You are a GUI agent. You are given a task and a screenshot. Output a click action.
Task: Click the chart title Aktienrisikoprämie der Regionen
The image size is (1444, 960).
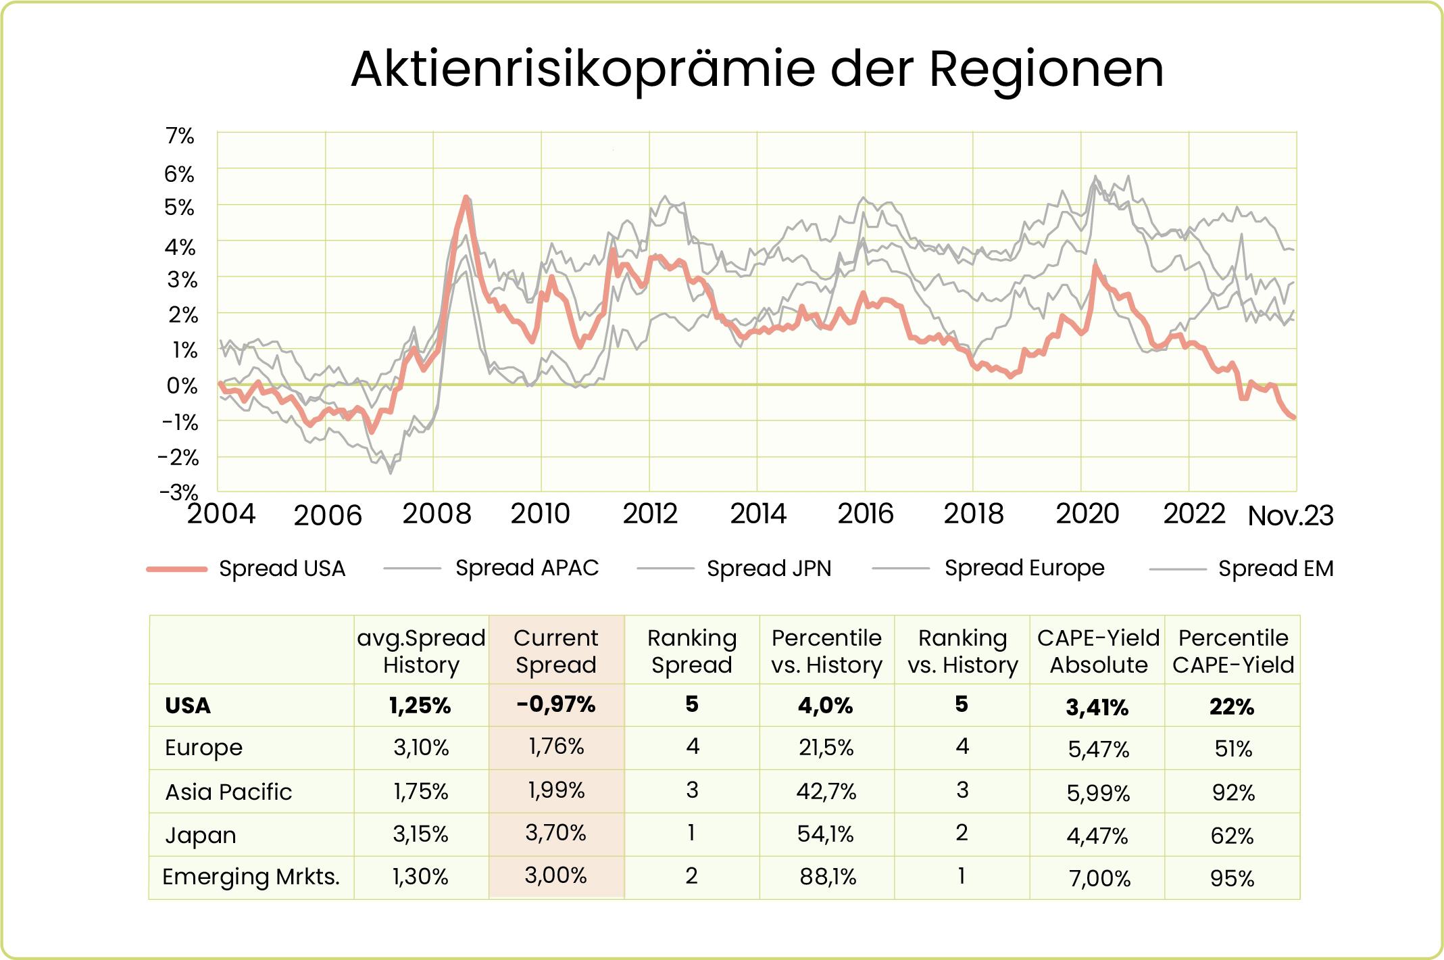757,69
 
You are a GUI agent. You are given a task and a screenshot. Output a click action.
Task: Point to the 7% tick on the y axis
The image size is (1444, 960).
180,136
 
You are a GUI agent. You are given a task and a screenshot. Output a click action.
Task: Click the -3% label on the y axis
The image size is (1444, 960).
179,491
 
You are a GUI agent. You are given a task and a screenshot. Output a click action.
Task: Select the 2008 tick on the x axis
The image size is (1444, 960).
437,514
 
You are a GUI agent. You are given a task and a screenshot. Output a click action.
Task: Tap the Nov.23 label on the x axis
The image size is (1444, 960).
1290,517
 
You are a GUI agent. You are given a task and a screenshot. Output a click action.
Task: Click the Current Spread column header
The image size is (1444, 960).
555,650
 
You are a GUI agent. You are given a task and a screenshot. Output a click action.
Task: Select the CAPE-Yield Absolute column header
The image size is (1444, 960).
1098,650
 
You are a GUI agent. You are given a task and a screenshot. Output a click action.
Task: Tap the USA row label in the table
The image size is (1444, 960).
188,706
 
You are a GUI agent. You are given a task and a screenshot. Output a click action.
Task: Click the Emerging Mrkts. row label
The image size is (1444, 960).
251,877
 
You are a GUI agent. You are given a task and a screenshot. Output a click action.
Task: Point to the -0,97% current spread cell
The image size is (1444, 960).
555,704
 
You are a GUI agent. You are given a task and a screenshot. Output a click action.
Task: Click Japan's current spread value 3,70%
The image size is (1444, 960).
555,832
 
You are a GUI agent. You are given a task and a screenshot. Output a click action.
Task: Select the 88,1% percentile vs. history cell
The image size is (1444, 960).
827,877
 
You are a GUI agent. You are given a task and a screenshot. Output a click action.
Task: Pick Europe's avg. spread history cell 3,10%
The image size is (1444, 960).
421,747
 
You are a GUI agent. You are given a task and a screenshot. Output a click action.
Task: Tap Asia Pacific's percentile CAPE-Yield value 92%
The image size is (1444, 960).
1233,792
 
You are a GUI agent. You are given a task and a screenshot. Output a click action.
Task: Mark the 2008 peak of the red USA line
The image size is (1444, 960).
466,197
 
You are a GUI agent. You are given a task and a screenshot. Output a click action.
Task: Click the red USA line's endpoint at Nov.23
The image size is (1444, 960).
1293,417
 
